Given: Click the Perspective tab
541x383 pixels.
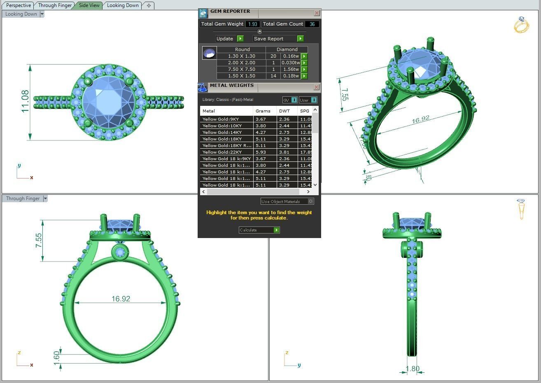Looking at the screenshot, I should (x=19, y=5).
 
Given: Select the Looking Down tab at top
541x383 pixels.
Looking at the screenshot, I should (x=123, y=5).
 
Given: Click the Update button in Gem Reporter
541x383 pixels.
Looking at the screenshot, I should (x=229, y=39).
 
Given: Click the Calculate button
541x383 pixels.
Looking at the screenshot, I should (x=259, y=230).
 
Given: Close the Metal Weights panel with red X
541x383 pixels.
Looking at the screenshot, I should (x=316, y=87).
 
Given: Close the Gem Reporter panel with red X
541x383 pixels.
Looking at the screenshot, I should (x=316, y=13).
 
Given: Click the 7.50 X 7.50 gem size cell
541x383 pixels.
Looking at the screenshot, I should (x=241, y=69).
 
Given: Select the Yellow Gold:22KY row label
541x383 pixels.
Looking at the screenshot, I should (x=222, y=152).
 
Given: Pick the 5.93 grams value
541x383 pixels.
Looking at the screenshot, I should (x=261, y=152).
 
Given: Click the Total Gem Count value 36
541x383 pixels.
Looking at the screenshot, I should (x=312, y=24).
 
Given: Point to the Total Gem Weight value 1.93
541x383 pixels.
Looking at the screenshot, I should (x=252, y=24).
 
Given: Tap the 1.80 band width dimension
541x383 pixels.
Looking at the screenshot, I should (x=412, y=369).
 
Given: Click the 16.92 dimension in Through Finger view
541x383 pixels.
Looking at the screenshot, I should (x=121, y=299).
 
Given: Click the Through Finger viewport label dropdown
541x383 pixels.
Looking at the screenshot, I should (x=45, y=199).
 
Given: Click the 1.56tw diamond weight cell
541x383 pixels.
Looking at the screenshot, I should (x=291, y=69).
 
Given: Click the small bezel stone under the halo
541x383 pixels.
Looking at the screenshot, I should (x=120, y=252).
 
